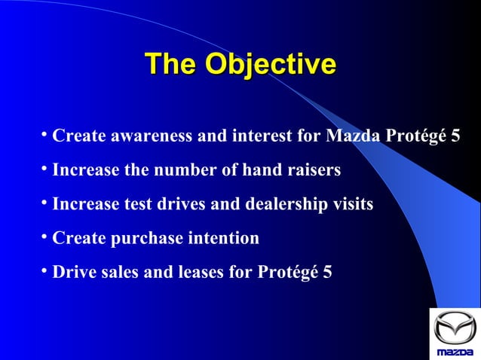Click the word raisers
(x=312, y=171)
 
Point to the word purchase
(x=148, y=239)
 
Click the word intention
(x=224, y=239)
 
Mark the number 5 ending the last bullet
(x=326, y=273)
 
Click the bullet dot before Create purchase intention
(x=45, y=236)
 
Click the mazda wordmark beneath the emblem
(x=455, y=352)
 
